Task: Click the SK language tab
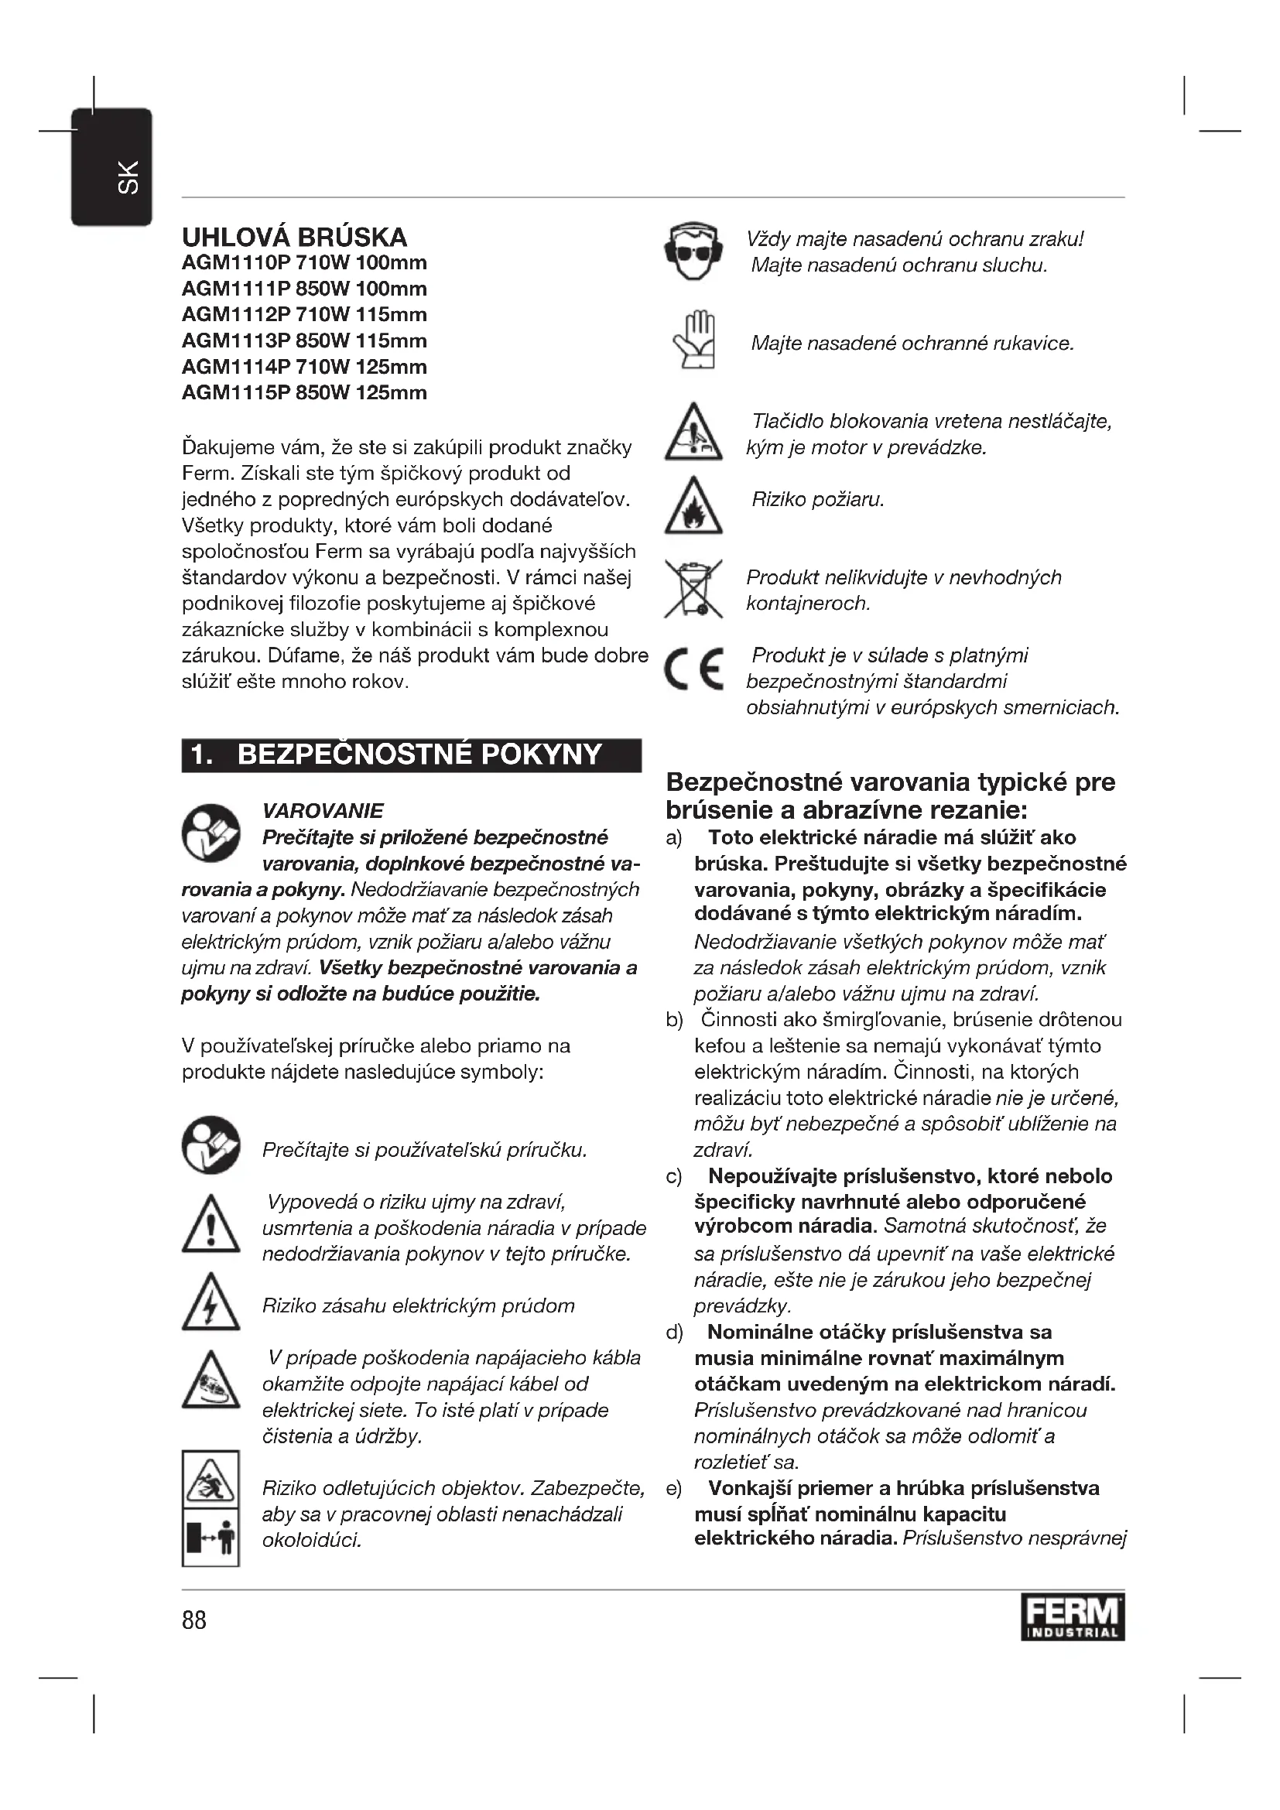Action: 111,168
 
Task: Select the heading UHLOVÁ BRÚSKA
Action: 295,238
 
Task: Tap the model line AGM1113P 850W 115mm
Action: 304,340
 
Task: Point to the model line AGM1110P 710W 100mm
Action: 304,262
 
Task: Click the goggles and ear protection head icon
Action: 693,251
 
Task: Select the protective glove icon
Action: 693,340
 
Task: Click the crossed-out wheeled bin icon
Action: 693,589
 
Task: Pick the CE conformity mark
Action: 693,669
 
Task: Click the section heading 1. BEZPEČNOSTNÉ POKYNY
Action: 411,755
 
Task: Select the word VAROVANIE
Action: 323,810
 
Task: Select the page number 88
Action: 194,1620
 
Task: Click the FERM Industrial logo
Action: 1072,1617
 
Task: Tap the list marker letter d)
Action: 674,1333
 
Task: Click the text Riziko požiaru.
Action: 817,499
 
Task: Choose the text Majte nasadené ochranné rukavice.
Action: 912,343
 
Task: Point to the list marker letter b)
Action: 674,1020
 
